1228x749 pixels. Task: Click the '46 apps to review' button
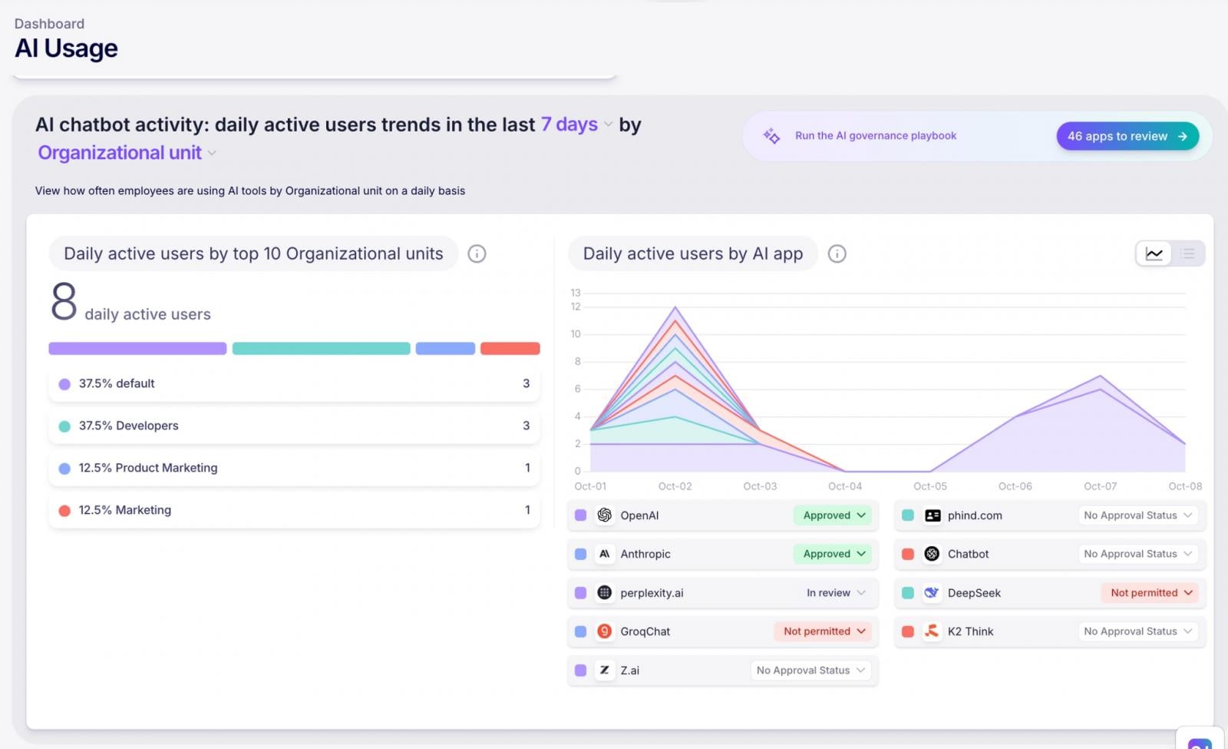tap(1127, 136)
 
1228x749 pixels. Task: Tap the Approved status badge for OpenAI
tap(833, 515)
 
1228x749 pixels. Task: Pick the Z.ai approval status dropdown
tap(810, 671)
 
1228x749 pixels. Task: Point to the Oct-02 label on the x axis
tap(675, 486)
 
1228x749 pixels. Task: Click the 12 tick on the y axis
tap(576, 307)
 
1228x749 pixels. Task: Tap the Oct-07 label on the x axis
tap(1100, 486)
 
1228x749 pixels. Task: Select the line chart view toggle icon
tap(1154, 254)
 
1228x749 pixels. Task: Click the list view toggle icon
tap(1187, 254)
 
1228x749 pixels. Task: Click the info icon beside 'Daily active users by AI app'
tap(837, 254)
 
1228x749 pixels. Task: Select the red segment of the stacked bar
tap(510, 349)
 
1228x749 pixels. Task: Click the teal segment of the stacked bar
tap(321, 349)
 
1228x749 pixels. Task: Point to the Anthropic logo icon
tap(605, 554)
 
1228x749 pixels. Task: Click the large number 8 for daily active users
tap(64, 301)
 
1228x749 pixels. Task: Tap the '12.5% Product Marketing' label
tap(148, 468)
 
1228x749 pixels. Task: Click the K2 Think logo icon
tap(932, 631)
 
